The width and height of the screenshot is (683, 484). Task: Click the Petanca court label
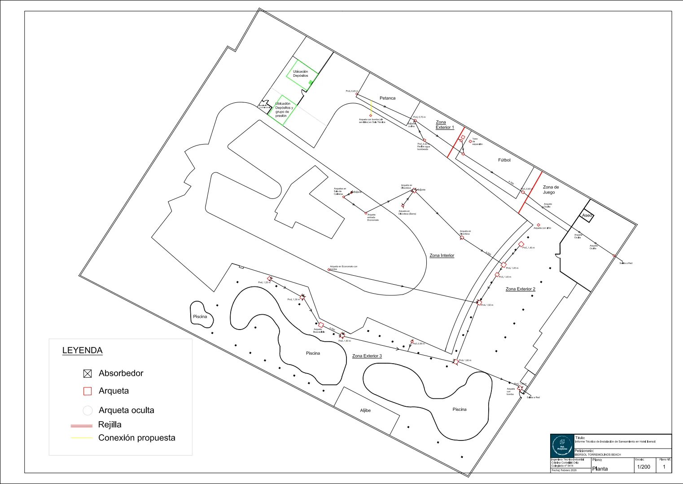point(387,98)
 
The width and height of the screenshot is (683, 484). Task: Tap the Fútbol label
point(504,160)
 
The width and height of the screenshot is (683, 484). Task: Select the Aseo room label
point(587,216)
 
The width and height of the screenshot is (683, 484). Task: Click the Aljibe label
point(365,410)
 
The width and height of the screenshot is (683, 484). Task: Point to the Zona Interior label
point(442,255)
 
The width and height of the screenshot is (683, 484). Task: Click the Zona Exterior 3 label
point(367,356)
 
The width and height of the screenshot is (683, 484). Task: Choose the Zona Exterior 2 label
point(520,289)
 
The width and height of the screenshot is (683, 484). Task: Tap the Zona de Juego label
point(551,189)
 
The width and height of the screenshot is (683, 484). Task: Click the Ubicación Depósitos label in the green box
point(300,74)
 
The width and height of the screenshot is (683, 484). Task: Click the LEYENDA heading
point(82,350)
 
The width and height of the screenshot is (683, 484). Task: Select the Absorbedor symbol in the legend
point(88,374)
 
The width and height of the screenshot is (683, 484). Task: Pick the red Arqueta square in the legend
point(88,391)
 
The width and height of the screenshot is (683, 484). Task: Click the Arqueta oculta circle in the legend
point(88,410)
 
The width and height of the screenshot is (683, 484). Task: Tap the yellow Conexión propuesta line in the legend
point(81,438)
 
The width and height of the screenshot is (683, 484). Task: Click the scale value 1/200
point(644,467)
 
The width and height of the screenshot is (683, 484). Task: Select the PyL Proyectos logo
point(562,446)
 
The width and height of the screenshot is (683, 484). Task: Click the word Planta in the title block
point(600,469)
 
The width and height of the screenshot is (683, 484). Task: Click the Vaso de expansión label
point(477,141)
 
